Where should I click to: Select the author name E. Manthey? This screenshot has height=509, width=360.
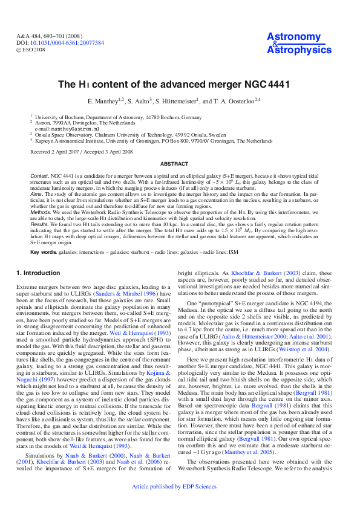click(105, 101)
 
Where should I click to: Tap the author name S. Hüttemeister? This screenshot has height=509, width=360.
click(177, 101)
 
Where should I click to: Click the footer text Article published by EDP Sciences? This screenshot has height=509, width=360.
click(180, 503)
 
